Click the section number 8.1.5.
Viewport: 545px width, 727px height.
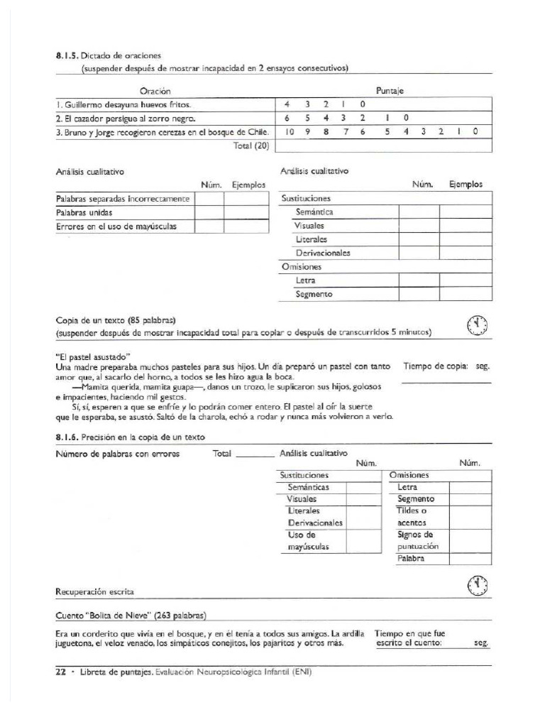pyautogui.click(x=67, y=55)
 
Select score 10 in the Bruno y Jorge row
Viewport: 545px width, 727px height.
pyautogui.click(x=290, y=131)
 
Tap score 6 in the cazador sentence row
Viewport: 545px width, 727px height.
pyautogui.click(x=287, y=118)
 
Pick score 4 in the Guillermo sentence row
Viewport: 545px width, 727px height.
pyautogui.click(x=287, y=104)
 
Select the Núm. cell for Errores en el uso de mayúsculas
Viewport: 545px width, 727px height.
pyautogui.click(x=209, y=226)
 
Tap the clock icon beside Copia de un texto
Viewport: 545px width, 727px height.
pyautogui.click(x=478, y=325)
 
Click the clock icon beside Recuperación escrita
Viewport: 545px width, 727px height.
pyautogui.click(x=478, y=585)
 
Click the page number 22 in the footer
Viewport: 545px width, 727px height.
pyautogui.click(x=61, y=672)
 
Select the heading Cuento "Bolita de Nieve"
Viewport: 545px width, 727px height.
pyautogui.click(x=131, y=615)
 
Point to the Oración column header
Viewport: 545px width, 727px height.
pyautogui.click(x=155, y=91)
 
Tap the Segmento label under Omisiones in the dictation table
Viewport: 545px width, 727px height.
pyautogui.click(x=314, y=294)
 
